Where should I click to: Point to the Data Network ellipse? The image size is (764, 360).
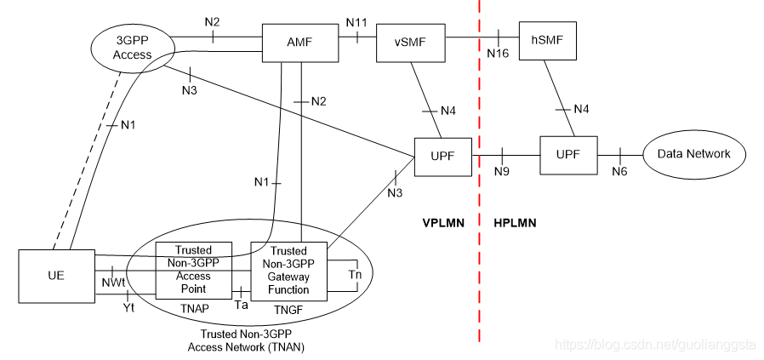click(x=694, y=154)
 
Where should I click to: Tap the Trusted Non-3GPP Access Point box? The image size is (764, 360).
click(x=193, y=270)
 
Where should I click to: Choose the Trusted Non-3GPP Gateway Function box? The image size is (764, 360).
click(x=288, y=270)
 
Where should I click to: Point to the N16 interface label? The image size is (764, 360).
click(x=499, y=54)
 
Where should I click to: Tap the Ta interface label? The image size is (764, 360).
click(x=241, y=303)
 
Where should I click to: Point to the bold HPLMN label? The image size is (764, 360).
click(x=516, y=223)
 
